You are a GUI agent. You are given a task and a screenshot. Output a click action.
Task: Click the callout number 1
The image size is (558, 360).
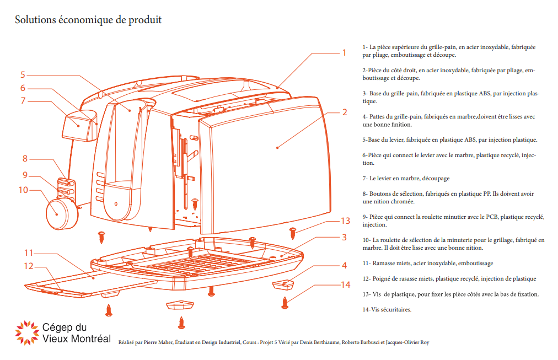click(x=344, y=53)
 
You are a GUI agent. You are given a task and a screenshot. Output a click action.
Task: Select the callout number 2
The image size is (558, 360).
click(x=344, y=112)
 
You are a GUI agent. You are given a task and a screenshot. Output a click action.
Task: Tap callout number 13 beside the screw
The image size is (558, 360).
click(x=345, y=221)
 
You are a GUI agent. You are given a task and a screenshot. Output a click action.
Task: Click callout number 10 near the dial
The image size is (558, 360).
click(x=23, y=190)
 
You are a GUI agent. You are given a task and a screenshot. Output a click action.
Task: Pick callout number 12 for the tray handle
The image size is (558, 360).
click(x=28, y=266)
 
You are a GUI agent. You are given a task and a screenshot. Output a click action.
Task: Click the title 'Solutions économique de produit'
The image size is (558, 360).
click(x=88, y=20)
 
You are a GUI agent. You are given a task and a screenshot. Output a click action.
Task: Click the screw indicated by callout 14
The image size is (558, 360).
click(x=285, y=302)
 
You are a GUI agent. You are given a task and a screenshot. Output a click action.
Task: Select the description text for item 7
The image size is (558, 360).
click(x=406, y=179)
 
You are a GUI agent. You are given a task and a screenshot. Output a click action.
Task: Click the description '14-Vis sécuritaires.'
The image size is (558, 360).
click(x=387, y=309)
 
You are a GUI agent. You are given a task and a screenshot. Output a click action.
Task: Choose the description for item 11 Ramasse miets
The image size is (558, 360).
click(x=427, y=264)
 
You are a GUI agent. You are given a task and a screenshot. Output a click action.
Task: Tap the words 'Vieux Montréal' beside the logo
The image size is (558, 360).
click(x=76, y=338)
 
